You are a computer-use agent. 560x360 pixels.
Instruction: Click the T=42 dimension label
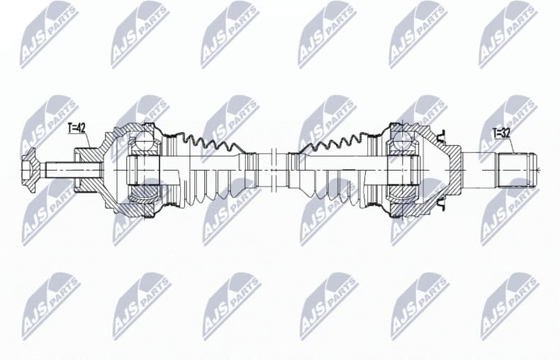[77, 128]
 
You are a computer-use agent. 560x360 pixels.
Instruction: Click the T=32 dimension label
[501, 133]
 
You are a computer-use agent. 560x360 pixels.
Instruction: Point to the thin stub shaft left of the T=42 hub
[58, 170]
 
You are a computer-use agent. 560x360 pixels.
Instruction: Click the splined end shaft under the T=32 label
[518, 170]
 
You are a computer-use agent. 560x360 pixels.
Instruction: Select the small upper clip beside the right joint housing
[441, 134]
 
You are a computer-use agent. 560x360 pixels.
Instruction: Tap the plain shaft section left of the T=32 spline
[478, 169]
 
